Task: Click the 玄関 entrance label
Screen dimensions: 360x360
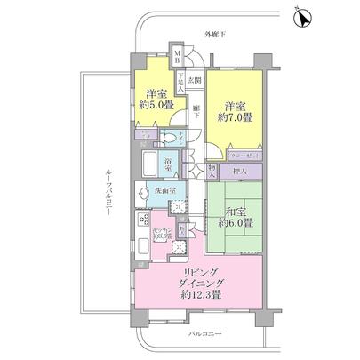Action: pyautogui.click(x=195, y=79)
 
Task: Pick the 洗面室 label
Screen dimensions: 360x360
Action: pyautogui.click(x=160, y=189)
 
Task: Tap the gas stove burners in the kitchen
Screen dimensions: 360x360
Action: pyautogui.click(x=140, y=221)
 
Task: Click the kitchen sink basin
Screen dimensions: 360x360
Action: pyautogui.click(x=140, y=244)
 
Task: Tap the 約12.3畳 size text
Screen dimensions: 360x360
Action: pyautogui.click(x=199, y=293)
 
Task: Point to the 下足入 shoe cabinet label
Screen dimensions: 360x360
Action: pyautogui.click(x=180, y=83)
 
